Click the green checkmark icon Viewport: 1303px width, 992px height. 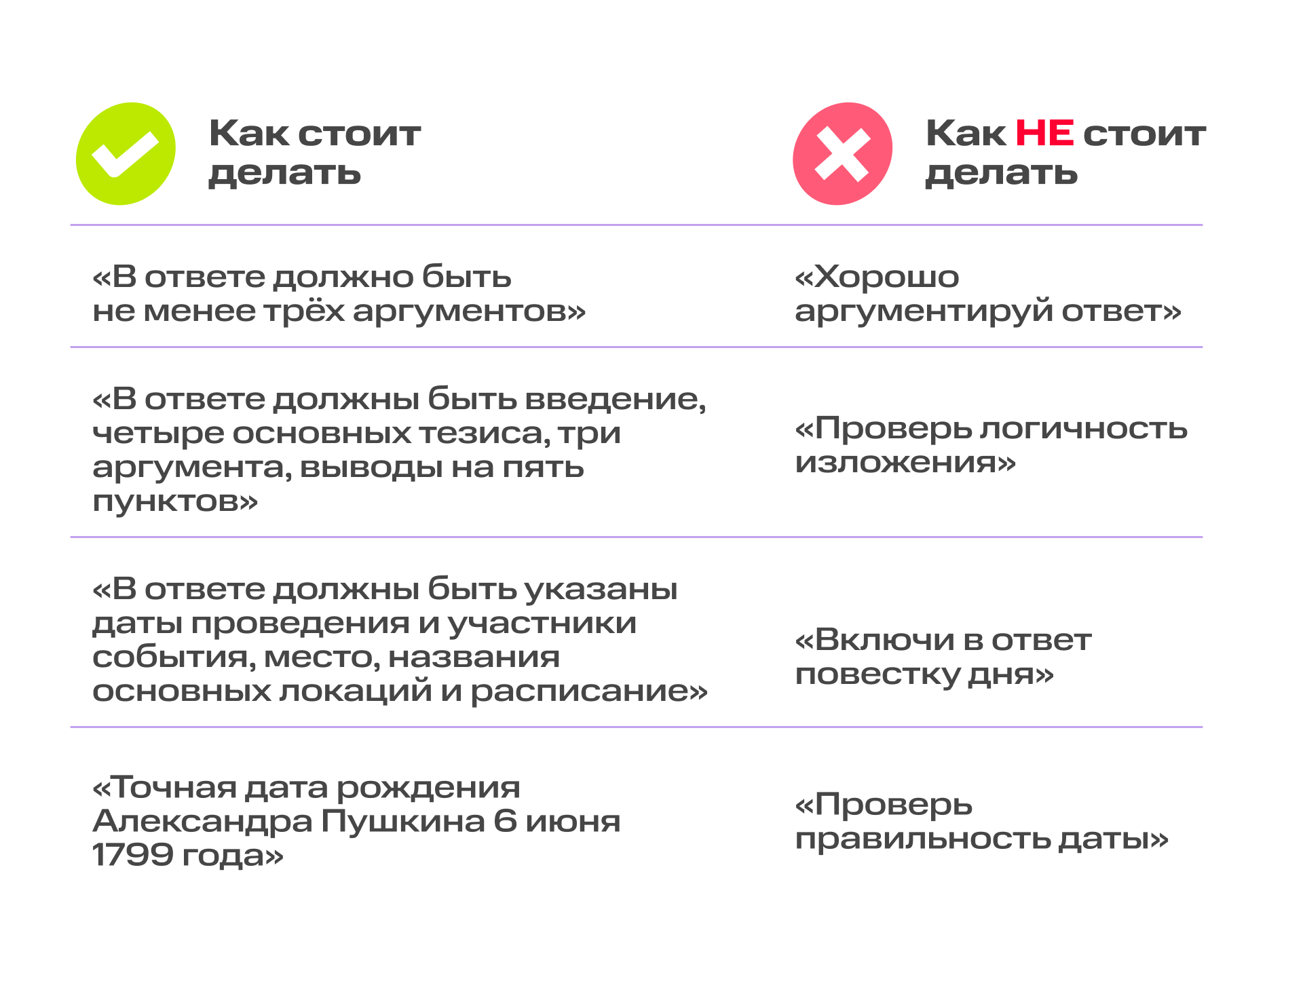(126, 154)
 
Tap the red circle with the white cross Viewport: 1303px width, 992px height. (842, 154)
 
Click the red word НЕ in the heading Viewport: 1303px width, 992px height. (1044, 133)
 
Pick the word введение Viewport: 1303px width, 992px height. (616, 400)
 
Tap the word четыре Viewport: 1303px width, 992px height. (158, 434)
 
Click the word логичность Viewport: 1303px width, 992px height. (1084, 429)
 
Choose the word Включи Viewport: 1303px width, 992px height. (886, 641)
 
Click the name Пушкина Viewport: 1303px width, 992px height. (402, 821)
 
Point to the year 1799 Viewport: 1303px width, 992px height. (132, 855)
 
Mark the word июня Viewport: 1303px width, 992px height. (573, 822)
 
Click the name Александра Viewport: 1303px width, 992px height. (203, 821)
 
